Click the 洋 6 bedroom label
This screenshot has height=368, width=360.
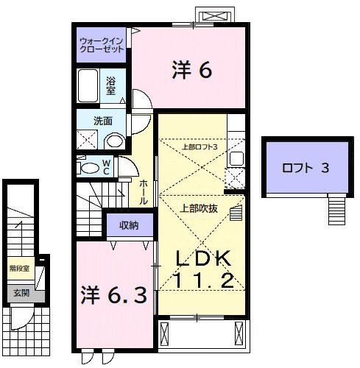[x=192, y=71]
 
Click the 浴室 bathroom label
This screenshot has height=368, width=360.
[x=111, y=85]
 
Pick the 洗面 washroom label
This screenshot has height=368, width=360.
[x=102, y=121]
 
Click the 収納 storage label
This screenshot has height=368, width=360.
[x=129, y=224]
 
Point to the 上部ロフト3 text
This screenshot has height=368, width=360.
[x=200, y=146]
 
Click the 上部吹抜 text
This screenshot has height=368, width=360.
[x=197, y=208]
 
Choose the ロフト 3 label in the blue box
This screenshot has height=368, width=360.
[x=304, y=167]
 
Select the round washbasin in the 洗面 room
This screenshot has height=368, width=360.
[x=114, y=141]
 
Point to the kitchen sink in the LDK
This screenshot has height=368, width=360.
[x=237, y=156]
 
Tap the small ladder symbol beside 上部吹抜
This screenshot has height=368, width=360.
[x=235, y=213]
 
